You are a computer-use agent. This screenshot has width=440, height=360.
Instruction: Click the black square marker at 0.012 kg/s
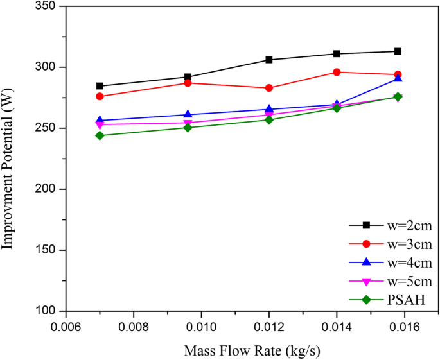tap(269, 60)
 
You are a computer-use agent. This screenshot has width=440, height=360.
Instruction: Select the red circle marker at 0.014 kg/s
tap(337, 72)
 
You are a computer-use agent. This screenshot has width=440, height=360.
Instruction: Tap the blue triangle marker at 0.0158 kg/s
tap(398, 78)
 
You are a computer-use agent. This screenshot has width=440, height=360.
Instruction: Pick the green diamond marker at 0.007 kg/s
tap(100, 135)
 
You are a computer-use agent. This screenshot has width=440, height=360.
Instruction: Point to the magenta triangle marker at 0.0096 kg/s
tap(188, 123)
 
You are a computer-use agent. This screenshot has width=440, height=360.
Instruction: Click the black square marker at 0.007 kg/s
tap(100, 86)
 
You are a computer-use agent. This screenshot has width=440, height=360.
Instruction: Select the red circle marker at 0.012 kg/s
tap(269, 88)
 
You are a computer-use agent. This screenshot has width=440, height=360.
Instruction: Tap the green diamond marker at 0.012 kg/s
tap(269, 120)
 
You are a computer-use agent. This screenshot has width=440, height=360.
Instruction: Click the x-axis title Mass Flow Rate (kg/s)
tap(252, 351)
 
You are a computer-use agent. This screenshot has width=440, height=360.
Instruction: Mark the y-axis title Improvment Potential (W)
tap(9, 159)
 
